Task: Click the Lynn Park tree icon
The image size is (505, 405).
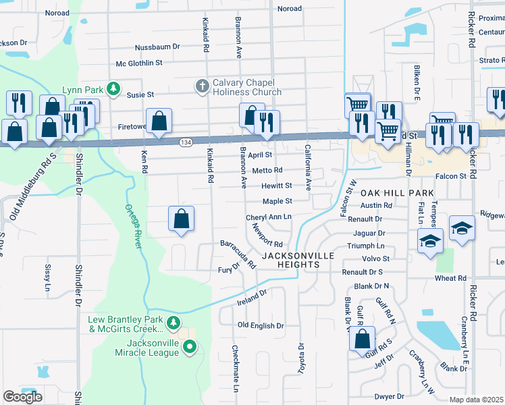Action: (x=114, y=89)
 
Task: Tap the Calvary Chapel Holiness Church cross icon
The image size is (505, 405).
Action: (x=201, y=86)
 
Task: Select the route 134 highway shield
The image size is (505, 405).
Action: (x=186, y=142)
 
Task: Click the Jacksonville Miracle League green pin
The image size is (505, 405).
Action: (x=190, y=348)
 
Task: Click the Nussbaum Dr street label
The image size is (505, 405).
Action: (x=157, y=47)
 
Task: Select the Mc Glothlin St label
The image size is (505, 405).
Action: (x=140, y=63)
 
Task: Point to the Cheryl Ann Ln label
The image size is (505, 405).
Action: (x=268, y=217)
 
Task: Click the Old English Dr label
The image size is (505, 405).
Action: (x=261, y=325)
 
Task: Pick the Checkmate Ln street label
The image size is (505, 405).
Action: (x=234, y=369)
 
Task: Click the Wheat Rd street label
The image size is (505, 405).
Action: (x=450, y=277)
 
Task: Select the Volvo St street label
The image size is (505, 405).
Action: (x=377, y=258)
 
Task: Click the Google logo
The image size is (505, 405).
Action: (x=22, y=397)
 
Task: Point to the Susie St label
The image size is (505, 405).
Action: (x=141, y=94)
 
